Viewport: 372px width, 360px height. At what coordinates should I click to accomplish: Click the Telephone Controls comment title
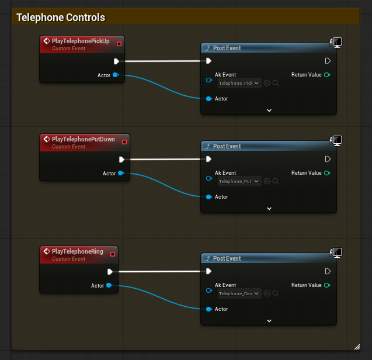(x=61, y=18)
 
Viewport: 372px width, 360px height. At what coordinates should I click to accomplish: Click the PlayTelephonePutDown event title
(x=83, y=139)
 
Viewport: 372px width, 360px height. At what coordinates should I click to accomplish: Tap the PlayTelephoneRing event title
(x=77, y=251)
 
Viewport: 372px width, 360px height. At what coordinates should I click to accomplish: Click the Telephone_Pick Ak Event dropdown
(x=239, y=84)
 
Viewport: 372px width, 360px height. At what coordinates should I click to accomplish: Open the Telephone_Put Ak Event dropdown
(x=239, y=182)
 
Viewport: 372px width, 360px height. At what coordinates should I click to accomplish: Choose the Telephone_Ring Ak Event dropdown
(x=239, y=294)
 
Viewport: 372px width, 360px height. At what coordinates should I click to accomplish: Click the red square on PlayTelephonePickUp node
(x=119, y=43)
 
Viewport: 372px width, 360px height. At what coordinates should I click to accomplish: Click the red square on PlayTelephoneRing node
(x=113, y=254)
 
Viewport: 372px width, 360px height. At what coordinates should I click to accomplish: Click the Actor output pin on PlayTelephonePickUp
(x=115, y=75)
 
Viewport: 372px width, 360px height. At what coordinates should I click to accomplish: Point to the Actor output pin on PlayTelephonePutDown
(x=120, y=173)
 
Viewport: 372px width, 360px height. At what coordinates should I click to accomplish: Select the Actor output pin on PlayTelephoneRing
(x=109, y=285)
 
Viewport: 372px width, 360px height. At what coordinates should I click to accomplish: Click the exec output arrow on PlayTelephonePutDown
(x=121, y=159)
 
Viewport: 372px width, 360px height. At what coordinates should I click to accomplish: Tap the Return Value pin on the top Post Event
(x=327, y=75)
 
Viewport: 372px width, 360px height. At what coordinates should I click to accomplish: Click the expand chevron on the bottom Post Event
(x=269, y=321)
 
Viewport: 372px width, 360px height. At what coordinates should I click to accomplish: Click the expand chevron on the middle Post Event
(x=269, y=209)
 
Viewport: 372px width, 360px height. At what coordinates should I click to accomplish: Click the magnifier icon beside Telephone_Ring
(x=276, y=294)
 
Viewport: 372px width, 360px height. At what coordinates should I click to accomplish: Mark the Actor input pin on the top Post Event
(x=208, y=99)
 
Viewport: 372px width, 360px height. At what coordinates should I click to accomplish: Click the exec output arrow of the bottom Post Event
(x=328, y=271)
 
